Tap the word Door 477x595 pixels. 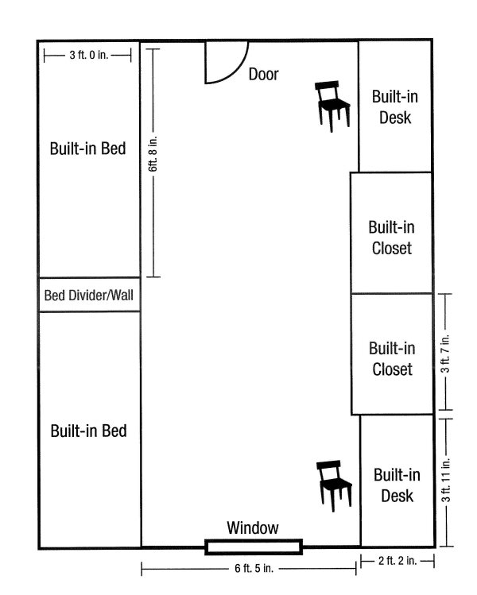(x=264, y=75)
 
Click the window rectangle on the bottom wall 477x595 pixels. (x=254, y=547)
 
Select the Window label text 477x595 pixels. (x=253, y=527)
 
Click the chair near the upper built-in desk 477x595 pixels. (x=332, y=106)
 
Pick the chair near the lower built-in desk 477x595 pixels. (x=334, y=485)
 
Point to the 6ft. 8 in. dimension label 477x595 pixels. (x=153, y=153)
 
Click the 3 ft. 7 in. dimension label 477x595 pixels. (x=445, y=354)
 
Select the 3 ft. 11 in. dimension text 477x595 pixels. (x=446, y=480)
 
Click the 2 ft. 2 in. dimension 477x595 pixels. (x=397, y=561)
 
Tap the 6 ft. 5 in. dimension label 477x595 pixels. (x=254, y=568)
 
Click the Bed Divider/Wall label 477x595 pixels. (x=89, y=296)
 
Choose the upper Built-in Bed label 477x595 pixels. (x=87, y=149)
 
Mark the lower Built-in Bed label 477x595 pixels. (x=88, y=431)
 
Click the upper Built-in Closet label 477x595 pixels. (x=392, y=238)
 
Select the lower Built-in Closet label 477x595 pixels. (x=392, y=359)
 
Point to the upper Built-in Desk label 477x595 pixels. (x=395, y=107)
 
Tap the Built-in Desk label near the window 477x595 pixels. (x=397, y=485)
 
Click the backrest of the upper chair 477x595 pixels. (x=327, y=86)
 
